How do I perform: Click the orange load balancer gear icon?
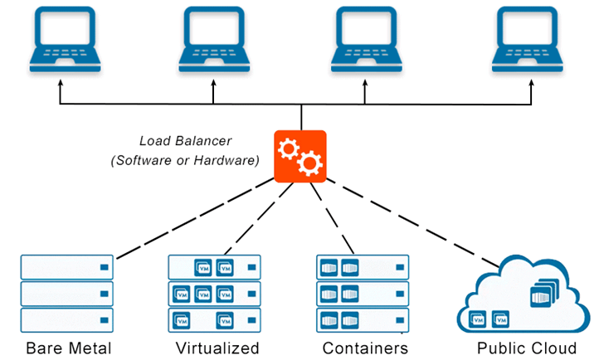[x=300, y=157]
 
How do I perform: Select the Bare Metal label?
[x=69, y=348]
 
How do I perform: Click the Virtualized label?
[x=217, y=348]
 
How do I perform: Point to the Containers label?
[x=365, y=348]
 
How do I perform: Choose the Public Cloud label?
[x=527, y=348]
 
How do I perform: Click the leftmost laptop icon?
[x=66, y=39]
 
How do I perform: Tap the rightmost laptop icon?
[x=527, y=39]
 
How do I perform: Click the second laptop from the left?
[x=214, y=39]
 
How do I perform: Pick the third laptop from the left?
[x=367, y=39]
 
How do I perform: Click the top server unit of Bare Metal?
[x=67, y=267]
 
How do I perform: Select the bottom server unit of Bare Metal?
[x=67, y=320]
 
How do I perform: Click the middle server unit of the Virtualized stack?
[x=215, y=294]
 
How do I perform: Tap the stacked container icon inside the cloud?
[x=544, y=293]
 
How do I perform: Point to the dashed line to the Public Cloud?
[x=412, y=223]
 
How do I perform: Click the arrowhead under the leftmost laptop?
[x=60, y=83]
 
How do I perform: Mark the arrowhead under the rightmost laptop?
[x=531, y=83]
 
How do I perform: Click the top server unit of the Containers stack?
[x=363, y=267]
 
